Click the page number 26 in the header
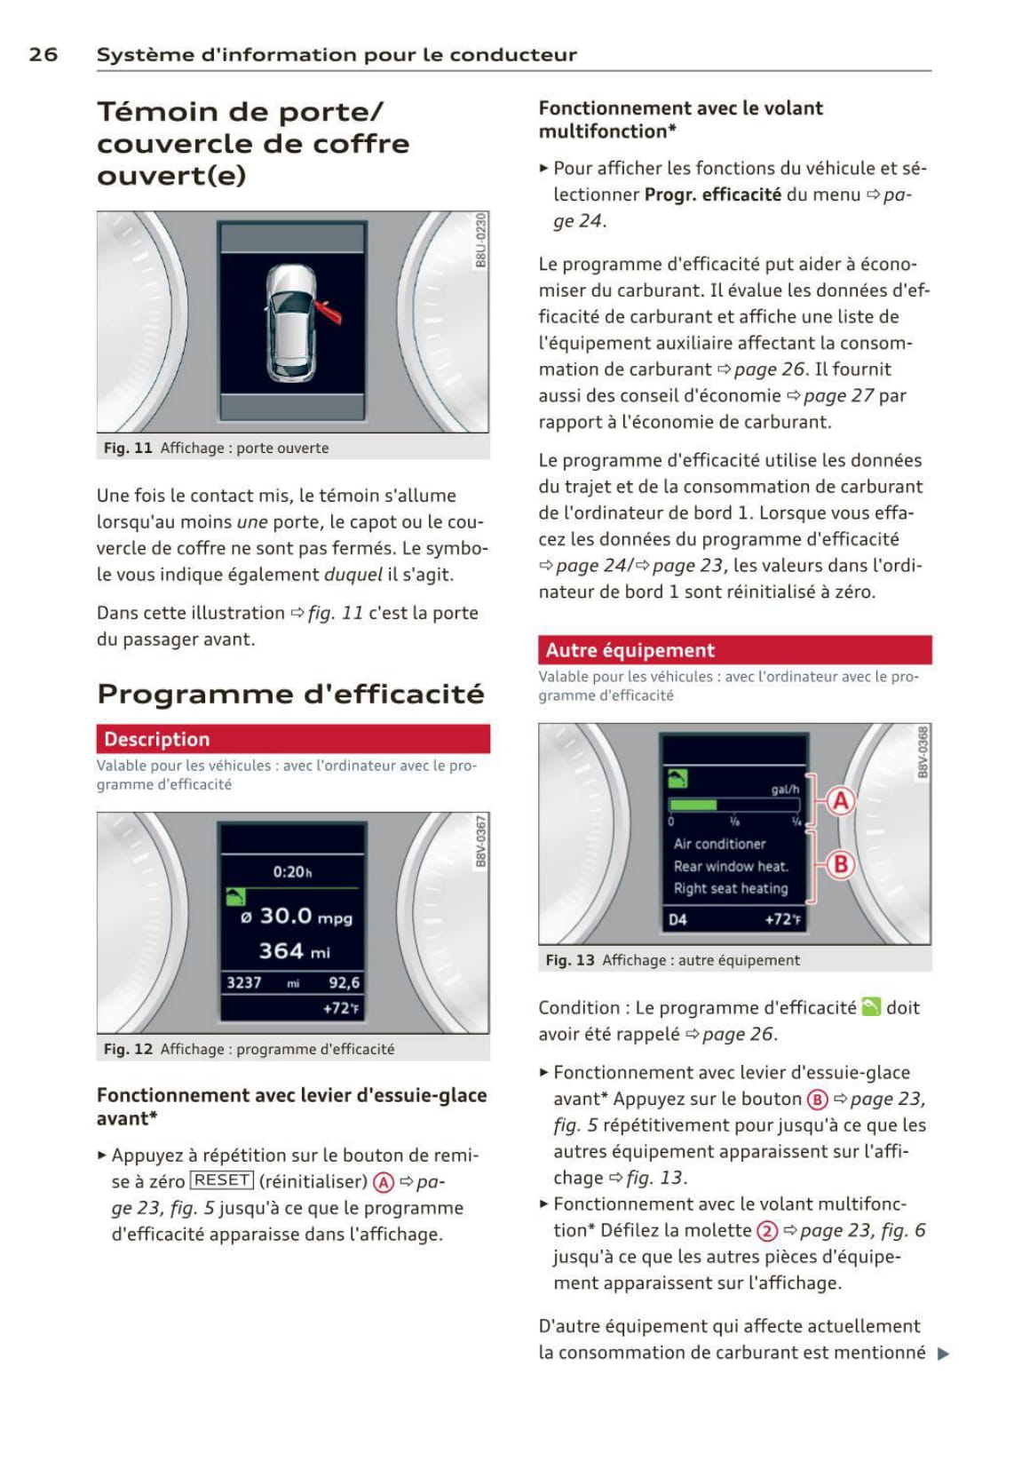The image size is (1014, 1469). click(x=43, y=54)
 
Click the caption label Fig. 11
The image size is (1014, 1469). click(x=128, y=448)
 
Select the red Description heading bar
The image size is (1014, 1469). click(x=293, y=739)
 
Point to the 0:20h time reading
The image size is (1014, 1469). click(x=292, y=871)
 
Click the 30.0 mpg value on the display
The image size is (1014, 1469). click(x=297, y=916)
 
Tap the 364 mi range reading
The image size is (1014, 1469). click(x=294, y=951)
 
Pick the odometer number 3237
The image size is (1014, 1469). click(x=244, y=982)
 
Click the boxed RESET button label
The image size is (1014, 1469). click(x=222, y=1180)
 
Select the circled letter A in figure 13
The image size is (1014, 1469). click(x=840, y=801)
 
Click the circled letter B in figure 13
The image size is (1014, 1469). click(x=840, y=863)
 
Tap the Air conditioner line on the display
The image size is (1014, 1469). click(x=719, y=844)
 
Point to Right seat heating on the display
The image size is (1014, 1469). click(x=730, y=888)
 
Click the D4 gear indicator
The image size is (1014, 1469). click(x=677, y=919)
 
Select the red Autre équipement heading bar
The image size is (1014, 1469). click(x=734, y=650)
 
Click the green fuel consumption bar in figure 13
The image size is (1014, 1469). click(x=693, y=805)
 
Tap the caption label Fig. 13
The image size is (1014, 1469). click(x=570, y=960)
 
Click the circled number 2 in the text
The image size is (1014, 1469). click(x=767, y=1231)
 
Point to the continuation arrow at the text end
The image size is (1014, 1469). click(x=943, y=1354)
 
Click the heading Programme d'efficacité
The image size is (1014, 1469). click(x=290, y=693)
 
